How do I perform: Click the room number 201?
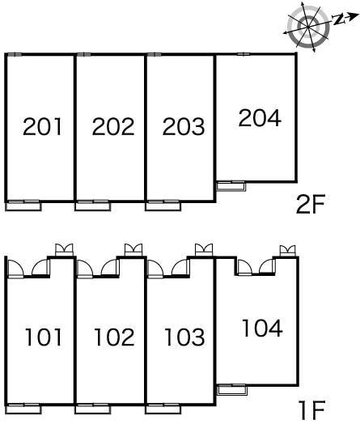click(x=42, y=126)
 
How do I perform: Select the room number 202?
click(x=113, y=126)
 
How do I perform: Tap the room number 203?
click(x=184, y=126)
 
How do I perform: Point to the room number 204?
click(x=260, y=118)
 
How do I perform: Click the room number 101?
click(x=43, y=337)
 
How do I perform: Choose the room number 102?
click(x=114, y=337)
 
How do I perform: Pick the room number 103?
click(x=184, y=337)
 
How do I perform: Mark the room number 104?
click(x=262, y=328)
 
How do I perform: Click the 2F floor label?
click(x=310, y=204)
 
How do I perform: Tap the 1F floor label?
click(x=311, y=410)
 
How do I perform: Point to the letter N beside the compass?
click(x=338, y=19)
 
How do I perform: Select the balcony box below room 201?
click(x=23, y=206)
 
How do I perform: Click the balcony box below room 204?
click(x=231, y=186)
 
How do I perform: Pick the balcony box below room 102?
click(x=93, y=409)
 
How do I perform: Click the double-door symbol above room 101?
click(x=64, y=249)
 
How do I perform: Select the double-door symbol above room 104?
click(x=287, y=251)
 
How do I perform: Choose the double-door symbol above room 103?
click(x=204, y=249)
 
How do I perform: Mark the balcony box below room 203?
click(x=163, y=206)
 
